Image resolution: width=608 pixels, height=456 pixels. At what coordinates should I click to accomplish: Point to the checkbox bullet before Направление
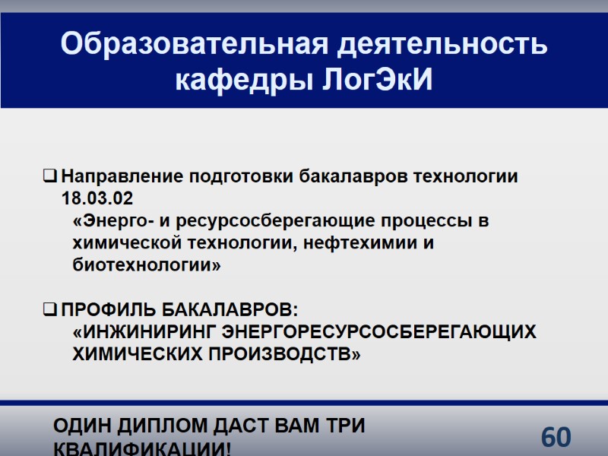click(49, 178)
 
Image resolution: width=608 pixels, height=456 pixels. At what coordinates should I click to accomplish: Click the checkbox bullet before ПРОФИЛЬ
click(49, 311)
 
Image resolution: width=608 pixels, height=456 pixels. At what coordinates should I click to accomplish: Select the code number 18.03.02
click(97, 199)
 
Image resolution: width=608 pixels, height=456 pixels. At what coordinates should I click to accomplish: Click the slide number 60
click(556, 438)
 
